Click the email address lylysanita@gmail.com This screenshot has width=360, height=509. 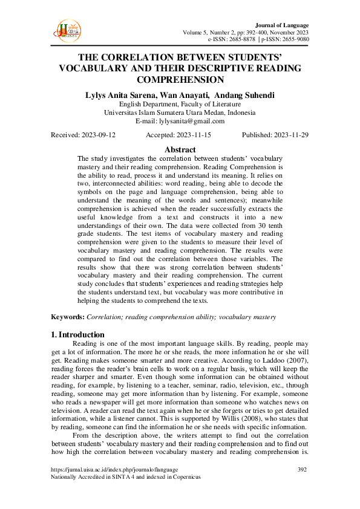(196, 121)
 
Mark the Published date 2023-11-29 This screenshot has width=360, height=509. (290, 135)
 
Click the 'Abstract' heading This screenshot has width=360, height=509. (180, 149)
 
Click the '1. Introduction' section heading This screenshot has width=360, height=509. (77, 335)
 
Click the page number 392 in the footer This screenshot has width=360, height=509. (303, 469)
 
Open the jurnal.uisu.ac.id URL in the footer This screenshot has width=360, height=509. (113, 469)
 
